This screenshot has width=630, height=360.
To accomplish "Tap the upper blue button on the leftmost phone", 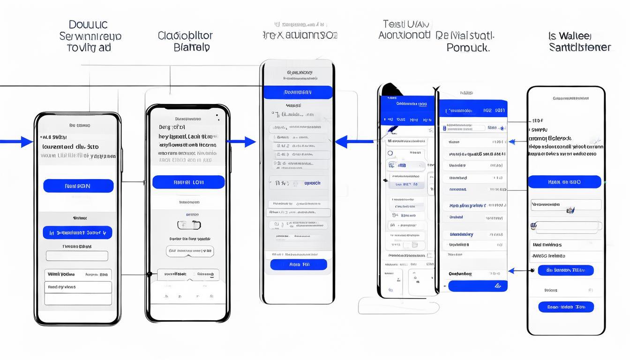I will (x=78, y=186).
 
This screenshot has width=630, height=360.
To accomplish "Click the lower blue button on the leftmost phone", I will (x=77, y=232).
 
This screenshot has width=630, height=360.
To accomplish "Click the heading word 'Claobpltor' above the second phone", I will (x=185, y=36).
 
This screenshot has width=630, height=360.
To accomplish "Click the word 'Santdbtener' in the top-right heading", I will (x=580, y=47).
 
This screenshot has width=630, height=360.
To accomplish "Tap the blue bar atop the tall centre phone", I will (x=298, y=92).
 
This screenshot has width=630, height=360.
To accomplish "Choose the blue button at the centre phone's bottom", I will (x=299, y=264).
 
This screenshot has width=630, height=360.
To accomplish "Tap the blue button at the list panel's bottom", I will (x=478, y=286).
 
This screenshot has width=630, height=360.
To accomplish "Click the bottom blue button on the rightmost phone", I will (x=566, y=307).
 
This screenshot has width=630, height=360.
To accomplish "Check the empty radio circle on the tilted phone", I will (x=390, y=153).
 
